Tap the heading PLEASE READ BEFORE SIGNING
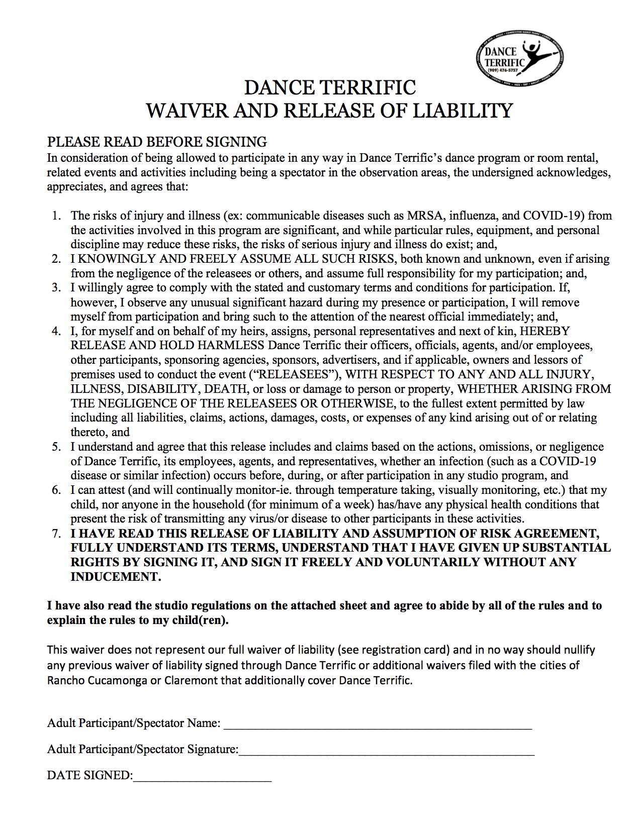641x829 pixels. click(x=157, y=142)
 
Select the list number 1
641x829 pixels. click(x=56, y=216)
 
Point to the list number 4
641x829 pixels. click(x=56, y=332)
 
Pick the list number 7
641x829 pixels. click(x=56, y=534)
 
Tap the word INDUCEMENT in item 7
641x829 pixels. click(x=116, y=577)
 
